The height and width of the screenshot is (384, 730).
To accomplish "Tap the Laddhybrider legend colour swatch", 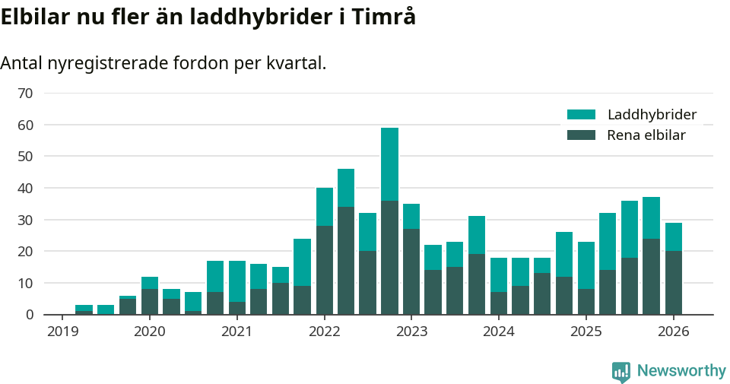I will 581,115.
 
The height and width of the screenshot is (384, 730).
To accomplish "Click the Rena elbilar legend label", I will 646,135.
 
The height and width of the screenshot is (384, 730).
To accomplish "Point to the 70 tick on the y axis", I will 25,93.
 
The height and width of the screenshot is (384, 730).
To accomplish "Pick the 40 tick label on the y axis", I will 25,188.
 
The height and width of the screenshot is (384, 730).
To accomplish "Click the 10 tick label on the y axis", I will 25,283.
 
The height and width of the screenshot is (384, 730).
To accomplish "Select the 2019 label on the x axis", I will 62,332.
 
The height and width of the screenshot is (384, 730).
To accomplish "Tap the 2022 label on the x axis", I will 325,332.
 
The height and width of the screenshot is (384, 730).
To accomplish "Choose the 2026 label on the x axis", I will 674,332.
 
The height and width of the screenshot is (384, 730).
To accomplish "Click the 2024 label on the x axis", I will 499,332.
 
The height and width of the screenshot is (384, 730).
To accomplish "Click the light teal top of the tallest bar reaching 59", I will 389,163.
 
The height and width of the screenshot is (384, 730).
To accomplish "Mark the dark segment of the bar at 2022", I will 325,270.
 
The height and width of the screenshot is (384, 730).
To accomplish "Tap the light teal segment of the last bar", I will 674,236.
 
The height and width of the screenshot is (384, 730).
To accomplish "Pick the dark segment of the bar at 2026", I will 674,282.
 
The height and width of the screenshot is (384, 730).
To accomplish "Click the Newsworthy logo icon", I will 621,371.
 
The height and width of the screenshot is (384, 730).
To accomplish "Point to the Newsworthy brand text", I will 681,371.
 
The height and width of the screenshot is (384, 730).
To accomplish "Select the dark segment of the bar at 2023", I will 411,271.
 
